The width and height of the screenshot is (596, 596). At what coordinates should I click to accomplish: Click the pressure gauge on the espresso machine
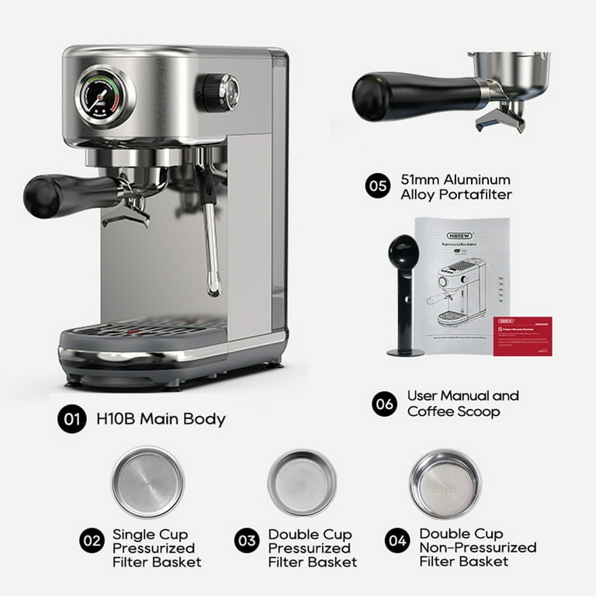pos(105,97)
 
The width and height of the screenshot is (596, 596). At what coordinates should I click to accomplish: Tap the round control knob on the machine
pos(217,92)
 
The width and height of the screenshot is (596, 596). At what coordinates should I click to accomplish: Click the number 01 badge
pos(71,419)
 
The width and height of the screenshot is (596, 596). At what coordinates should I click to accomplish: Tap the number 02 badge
pos(92,541)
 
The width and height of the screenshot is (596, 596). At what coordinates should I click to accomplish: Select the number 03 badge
pos(246,541)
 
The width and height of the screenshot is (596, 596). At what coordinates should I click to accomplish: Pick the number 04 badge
pos(397,540)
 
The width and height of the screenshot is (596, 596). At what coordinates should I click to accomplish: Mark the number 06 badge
pos(383,404)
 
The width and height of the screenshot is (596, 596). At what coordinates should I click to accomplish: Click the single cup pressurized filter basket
pos(147,482)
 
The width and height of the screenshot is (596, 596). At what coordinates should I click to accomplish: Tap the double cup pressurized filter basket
pos(302,483)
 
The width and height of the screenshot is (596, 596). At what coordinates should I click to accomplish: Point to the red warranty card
pos(522,336)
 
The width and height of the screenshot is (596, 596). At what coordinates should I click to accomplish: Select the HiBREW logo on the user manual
pos(440,235)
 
